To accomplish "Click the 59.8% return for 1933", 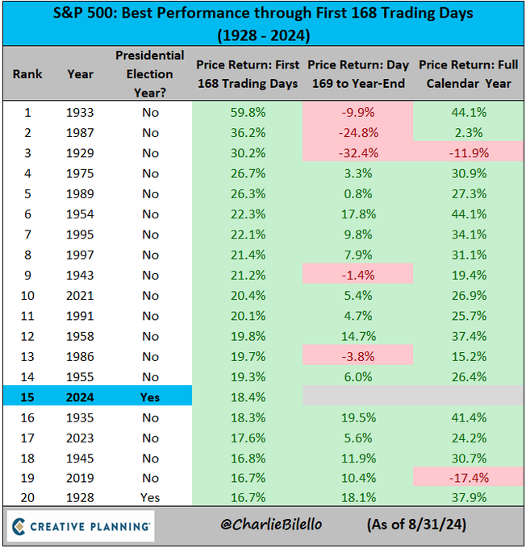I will coord(247,112).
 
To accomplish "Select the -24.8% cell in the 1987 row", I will coord(358,132).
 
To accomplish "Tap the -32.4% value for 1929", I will coord(358,152).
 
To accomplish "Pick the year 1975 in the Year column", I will coord(80,173).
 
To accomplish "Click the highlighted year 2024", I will coord(80,397).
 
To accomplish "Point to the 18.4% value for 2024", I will coord(247,397).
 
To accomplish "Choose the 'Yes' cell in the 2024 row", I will coord(149,397).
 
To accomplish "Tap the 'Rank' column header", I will coord(27,74).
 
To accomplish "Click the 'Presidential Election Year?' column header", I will coord(149,73).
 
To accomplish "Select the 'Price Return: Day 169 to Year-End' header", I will coord(358,74).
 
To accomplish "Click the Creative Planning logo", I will coord(80,525).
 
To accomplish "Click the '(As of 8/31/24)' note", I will coord(415,525).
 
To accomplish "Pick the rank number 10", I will coord(27,295).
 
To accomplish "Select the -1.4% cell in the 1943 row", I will coord(358,275).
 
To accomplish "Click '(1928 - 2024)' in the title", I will coord(263,35).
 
